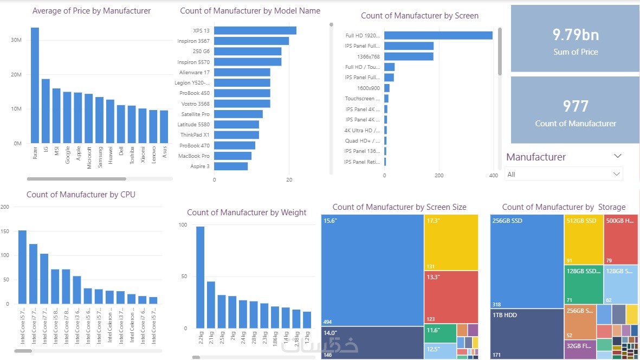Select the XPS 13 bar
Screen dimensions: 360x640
click(255, 30)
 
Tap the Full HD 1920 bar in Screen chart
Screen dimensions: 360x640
click(438, 36)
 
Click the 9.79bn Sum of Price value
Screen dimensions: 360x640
click(576, 35)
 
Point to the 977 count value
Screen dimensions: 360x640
click(576, 106)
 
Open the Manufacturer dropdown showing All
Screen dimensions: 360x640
click(564, 174)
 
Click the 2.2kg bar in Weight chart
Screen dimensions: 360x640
click(200, 277)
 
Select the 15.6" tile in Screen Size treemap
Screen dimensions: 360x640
click(372, 269)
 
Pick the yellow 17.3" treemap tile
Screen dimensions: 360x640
click(451, 242)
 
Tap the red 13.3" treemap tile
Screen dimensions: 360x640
click(451, 297)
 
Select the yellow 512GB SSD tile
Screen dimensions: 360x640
click(584, 239)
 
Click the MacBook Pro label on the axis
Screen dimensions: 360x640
click(194, 156)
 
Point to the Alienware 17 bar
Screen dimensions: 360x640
click(242, 72)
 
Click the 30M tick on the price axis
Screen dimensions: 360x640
click(16, 40)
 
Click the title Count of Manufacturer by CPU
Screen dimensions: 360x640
click(81, 195)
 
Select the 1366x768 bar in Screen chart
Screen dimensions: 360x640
click(409, 56)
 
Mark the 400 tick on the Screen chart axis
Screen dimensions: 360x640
click(493, 176)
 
